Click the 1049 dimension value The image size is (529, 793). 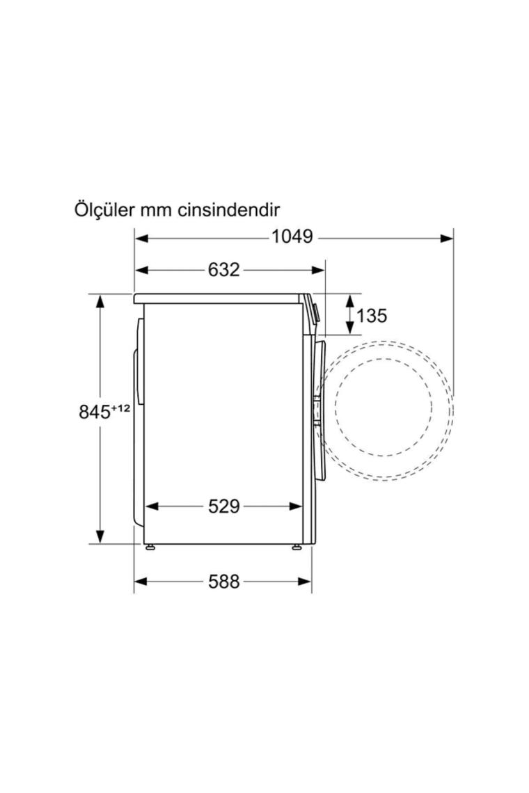click(292, 237)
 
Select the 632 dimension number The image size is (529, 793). click(223, 270)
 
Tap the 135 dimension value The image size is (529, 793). click(372, 316)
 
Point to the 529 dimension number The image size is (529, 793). click(223, 506)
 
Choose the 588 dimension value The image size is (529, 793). click(223, 582)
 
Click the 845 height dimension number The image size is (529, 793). click(94, 412)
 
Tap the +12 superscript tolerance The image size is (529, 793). click(120, 408)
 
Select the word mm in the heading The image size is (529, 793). click(156, 210)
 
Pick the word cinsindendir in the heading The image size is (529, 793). click(229, 209)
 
